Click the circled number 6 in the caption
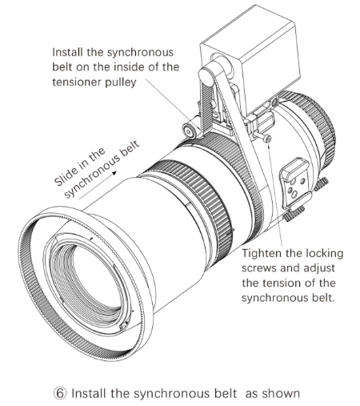tap(60, 393)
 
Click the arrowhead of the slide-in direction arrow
tap(114, 173)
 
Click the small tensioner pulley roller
tap(190, 131)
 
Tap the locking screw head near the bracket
tap(268, 139)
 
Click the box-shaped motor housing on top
tap(250, 58)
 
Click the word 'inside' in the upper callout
tap(129, 66)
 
